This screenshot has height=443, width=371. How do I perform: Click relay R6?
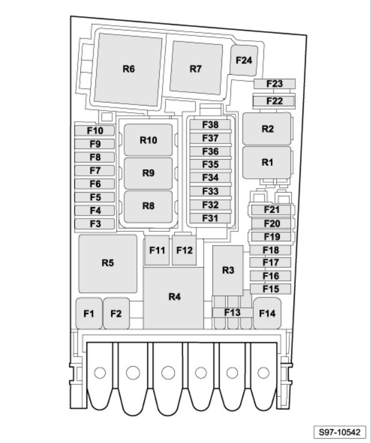click(x=128, y=70)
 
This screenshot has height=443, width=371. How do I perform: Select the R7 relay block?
click(x=196, y=68)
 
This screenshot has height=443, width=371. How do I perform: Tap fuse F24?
click(x=244, y=61)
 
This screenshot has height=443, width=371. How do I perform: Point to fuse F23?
click(x=274, y=84)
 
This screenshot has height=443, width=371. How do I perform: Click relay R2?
click(x=267, y=129)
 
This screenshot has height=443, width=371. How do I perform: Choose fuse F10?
click(x=95, y=131)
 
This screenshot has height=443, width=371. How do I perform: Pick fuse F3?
click(x=95, y=224)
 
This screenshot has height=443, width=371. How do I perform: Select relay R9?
click(x=148, y=173)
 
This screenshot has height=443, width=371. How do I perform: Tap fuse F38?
click(x=210, y=125)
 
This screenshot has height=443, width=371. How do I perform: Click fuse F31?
click(x=210, y=218)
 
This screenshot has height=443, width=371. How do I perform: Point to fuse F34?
click(x=210, y=178)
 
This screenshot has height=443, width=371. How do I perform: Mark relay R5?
click(x=107, y=264)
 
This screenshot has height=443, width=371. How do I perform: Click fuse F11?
click(x=157, y=250)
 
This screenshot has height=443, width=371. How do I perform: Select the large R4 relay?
click(x=173, y=298)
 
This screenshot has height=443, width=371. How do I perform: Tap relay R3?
click(x=228, y=270)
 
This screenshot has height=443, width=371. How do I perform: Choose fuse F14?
click(x=267, y=313)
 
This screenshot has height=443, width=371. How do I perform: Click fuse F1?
click(x=89, y=313)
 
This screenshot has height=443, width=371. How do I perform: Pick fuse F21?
click(x=271, y=210)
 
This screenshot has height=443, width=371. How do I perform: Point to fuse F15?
click(x=270, y=289)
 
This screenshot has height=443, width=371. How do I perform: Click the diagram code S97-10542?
click(x=340, y=432)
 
